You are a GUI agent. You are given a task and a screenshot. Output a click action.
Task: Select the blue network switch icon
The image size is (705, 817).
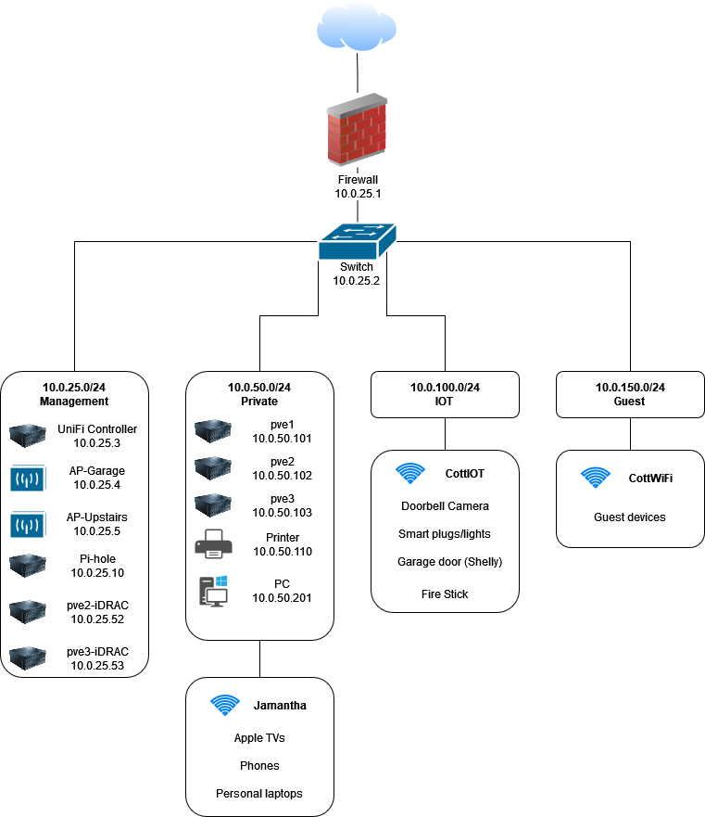(357, 241)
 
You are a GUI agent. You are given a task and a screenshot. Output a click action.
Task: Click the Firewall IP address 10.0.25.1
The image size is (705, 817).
(358, 194)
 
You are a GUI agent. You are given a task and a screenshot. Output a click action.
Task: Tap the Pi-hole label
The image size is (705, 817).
(97, 559)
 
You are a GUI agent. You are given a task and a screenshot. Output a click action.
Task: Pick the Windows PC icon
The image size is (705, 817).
(214, 591)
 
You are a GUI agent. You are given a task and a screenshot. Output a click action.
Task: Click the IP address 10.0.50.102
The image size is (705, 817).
(283, 476)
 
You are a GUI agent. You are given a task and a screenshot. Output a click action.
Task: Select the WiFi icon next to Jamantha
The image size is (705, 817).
(225, 706)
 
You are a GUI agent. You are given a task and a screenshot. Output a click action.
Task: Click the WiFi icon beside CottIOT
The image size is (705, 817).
(410, 474)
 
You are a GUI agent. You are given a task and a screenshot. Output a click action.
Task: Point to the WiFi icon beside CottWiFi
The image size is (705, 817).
(596, 478)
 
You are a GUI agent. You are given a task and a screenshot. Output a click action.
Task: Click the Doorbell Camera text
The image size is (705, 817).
(445, 506)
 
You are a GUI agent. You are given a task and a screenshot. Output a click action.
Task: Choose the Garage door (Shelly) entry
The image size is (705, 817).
(449, 562)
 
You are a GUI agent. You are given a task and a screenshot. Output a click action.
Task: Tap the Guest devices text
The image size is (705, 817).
(630, 517)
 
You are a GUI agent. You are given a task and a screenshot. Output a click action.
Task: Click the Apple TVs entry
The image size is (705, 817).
(259, 738)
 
